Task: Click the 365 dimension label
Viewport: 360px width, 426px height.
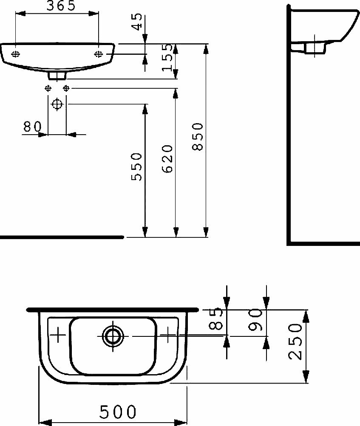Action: coord(57,6)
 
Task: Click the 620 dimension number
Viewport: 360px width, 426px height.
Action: coord(167,158)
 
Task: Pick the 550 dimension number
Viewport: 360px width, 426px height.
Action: coord(136,166)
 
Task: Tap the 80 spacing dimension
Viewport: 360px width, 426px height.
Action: coord(32,126)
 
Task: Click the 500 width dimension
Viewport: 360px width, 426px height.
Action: coord(118,412)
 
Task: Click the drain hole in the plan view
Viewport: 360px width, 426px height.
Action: coord(113,336)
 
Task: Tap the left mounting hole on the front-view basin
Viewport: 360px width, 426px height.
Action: coord(16,54)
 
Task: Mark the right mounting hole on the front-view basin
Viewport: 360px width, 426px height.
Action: coord(98,54)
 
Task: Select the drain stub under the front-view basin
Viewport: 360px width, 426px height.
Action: coord(57,76)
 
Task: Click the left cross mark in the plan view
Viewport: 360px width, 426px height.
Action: coord(58,336)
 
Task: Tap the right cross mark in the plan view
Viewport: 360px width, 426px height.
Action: coord(169,336)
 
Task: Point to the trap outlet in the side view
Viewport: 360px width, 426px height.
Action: coord(315,47)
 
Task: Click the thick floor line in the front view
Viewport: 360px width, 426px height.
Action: coord(62,237)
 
